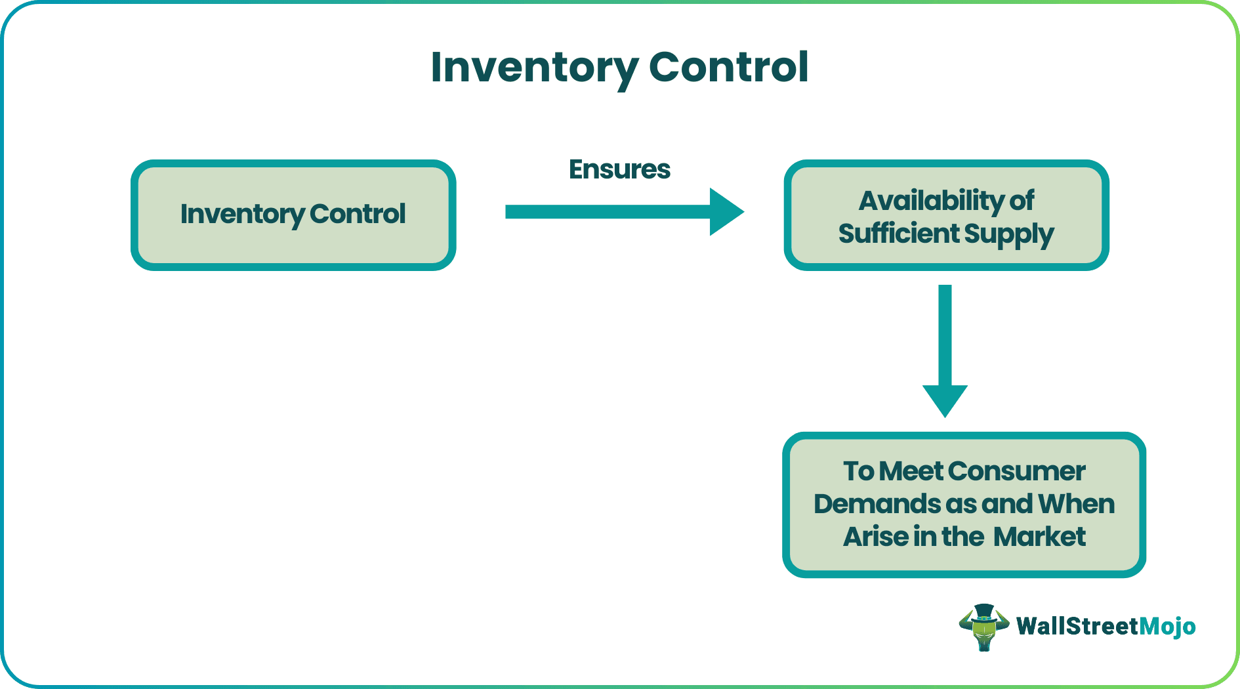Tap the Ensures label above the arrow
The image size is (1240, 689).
619,169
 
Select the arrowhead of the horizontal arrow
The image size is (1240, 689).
726,212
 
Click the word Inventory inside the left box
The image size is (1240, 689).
242,215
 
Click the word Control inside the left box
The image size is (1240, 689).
358,214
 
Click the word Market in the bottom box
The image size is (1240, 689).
1039,537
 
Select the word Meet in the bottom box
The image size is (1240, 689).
911,471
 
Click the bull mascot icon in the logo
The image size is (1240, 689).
983,627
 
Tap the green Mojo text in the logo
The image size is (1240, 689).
1167,626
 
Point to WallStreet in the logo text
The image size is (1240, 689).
1077,626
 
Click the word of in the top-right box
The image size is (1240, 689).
1022,201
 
